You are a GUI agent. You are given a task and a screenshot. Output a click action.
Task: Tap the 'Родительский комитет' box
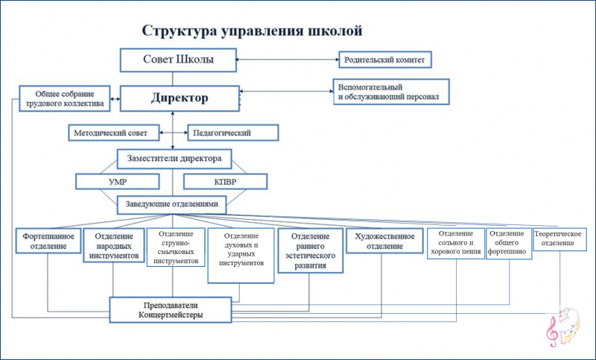pyautogui.click(x=386, y=59)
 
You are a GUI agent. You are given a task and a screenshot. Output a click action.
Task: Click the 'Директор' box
pyautogui.click(x=180, y=98)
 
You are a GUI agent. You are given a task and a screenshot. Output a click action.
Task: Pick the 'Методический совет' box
pyautogui.click(x=115, y=133)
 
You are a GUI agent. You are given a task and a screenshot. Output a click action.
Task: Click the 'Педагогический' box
pyautogui.click(x=232, y=133)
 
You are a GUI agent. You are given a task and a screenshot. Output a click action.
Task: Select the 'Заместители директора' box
pyautogui.click(x=174, y=158)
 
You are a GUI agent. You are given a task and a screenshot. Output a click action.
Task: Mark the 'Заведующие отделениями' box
pyautogui.click(x=174, y=203)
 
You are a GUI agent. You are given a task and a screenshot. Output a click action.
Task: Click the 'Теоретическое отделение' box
pyautogui.click(x=558, y=239)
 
